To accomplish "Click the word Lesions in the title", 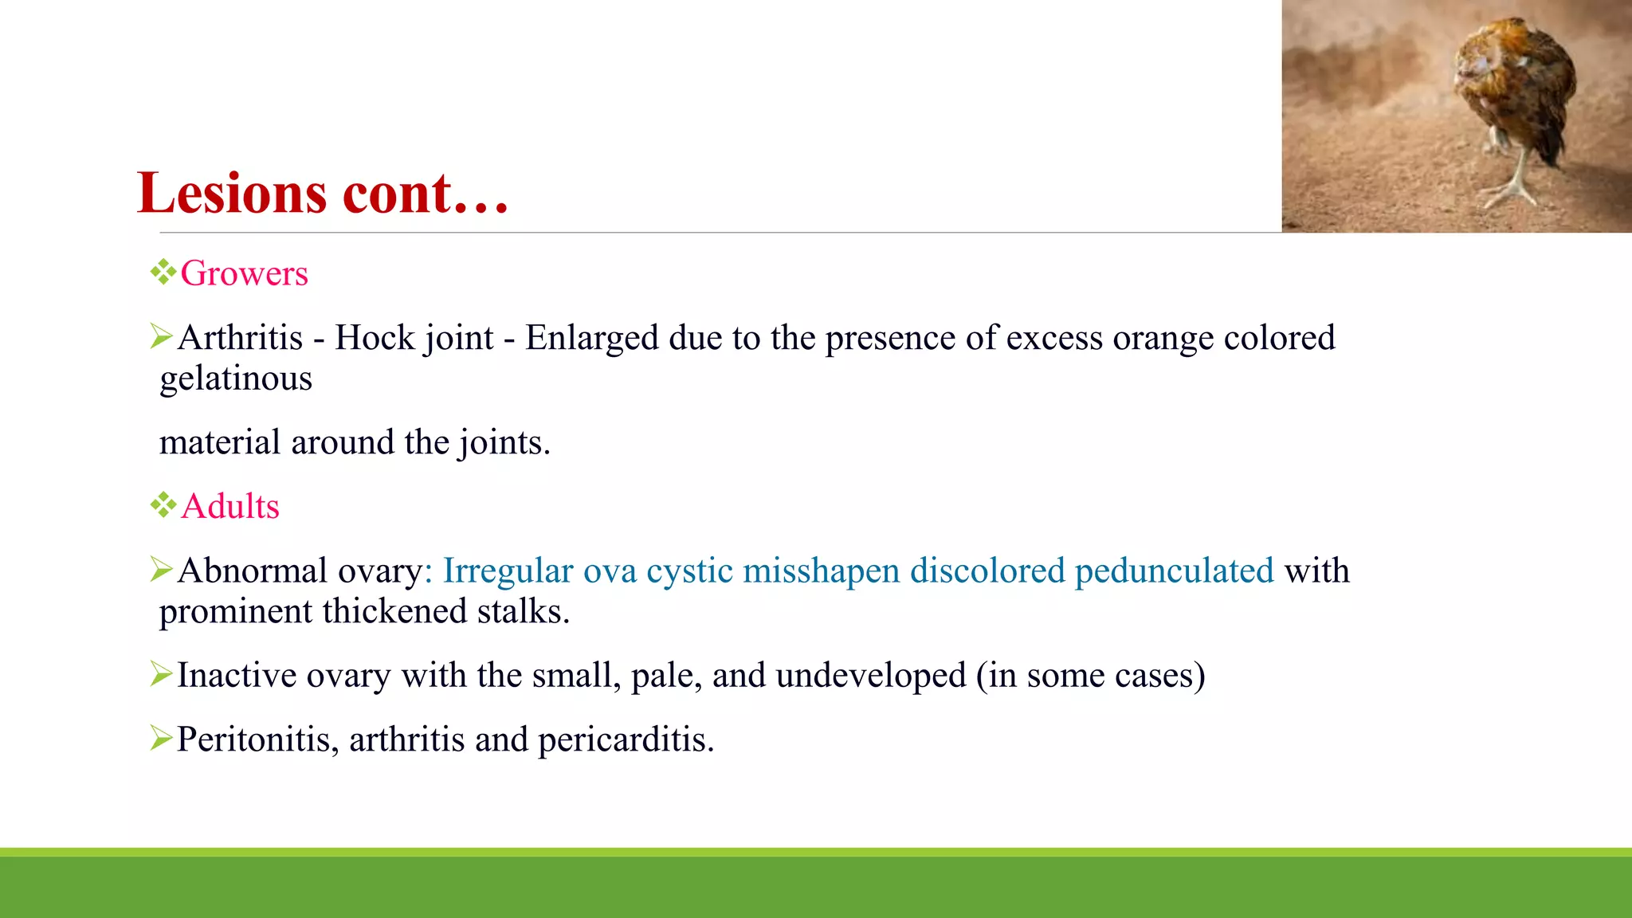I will (232, 194).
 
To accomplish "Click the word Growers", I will (244, 273).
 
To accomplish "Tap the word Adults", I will (230, 507).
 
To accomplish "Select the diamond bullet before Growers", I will (163, 272).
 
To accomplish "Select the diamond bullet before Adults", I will (163, 504).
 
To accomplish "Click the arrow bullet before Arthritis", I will (161, 336).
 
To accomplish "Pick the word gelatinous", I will (236, 379).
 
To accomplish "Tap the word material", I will (220, 442).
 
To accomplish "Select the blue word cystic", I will (689, 571).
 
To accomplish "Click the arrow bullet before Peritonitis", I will (161, 739).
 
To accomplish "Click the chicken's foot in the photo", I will (1510, 191).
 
